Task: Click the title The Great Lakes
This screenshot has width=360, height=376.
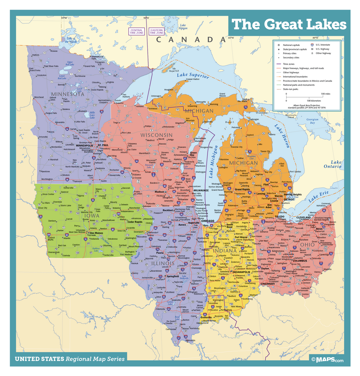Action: coord(289,25)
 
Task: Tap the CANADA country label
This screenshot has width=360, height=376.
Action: coord(190,40)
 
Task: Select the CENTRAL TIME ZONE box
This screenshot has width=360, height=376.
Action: coord(136,31)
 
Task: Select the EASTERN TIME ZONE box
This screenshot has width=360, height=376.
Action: coord(156,31)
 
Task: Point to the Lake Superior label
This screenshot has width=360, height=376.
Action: coord(193,76)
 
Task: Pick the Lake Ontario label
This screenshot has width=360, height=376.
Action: coord(336,164)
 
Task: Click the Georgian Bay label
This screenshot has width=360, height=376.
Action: coord(312,121)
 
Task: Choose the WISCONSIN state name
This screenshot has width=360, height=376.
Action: coord(156,135)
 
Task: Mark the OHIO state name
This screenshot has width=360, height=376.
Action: coord(307,244)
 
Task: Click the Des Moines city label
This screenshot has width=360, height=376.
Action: coord(97,233)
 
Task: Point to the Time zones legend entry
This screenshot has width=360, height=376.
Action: coord(288,64)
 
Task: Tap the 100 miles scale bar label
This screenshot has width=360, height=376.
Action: coord(325,94)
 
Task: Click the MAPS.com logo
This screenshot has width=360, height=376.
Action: coord(328,359)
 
